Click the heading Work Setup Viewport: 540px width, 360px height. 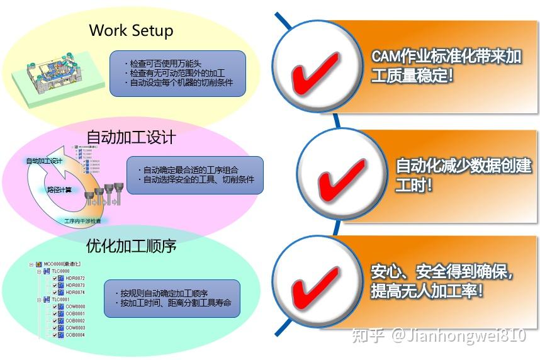click(131, 30)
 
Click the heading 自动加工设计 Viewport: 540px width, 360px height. click(131, 137)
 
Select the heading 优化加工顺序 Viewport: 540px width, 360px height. click(131, 245)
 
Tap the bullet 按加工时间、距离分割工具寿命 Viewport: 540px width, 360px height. click(176, 303)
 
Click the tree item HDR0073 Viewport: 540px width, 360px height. click(75, 285)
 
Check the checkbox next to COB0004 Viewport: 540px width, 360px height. click(55, 335)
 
